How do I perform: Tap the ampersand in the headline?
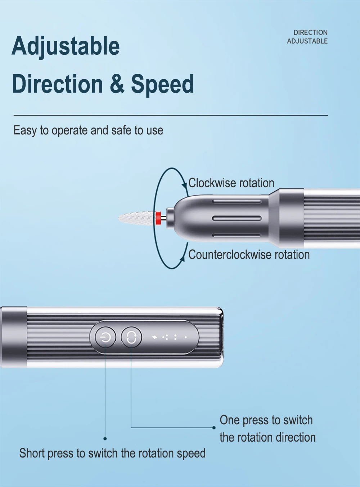(117, 84)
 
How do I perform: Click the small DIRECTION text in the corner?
(310, 32)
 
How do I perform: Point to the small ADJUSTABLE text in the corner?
(307, 41)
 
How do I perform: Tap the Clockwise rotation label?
(231, 183)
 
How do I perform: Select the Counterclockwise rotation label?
(249, 254)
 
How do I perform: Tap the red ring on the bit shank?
(158, 218)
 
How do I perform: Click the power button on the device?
(105, 337)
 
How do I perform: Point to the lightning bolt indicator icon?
(154, 337)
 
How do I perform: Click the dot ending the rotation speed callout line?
(105, 439)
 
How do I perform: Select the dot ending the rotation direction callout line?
(214, 428)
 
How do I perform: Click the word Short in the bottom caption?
(32, 453)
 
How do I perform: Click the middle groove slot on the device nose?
(237, 218)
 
